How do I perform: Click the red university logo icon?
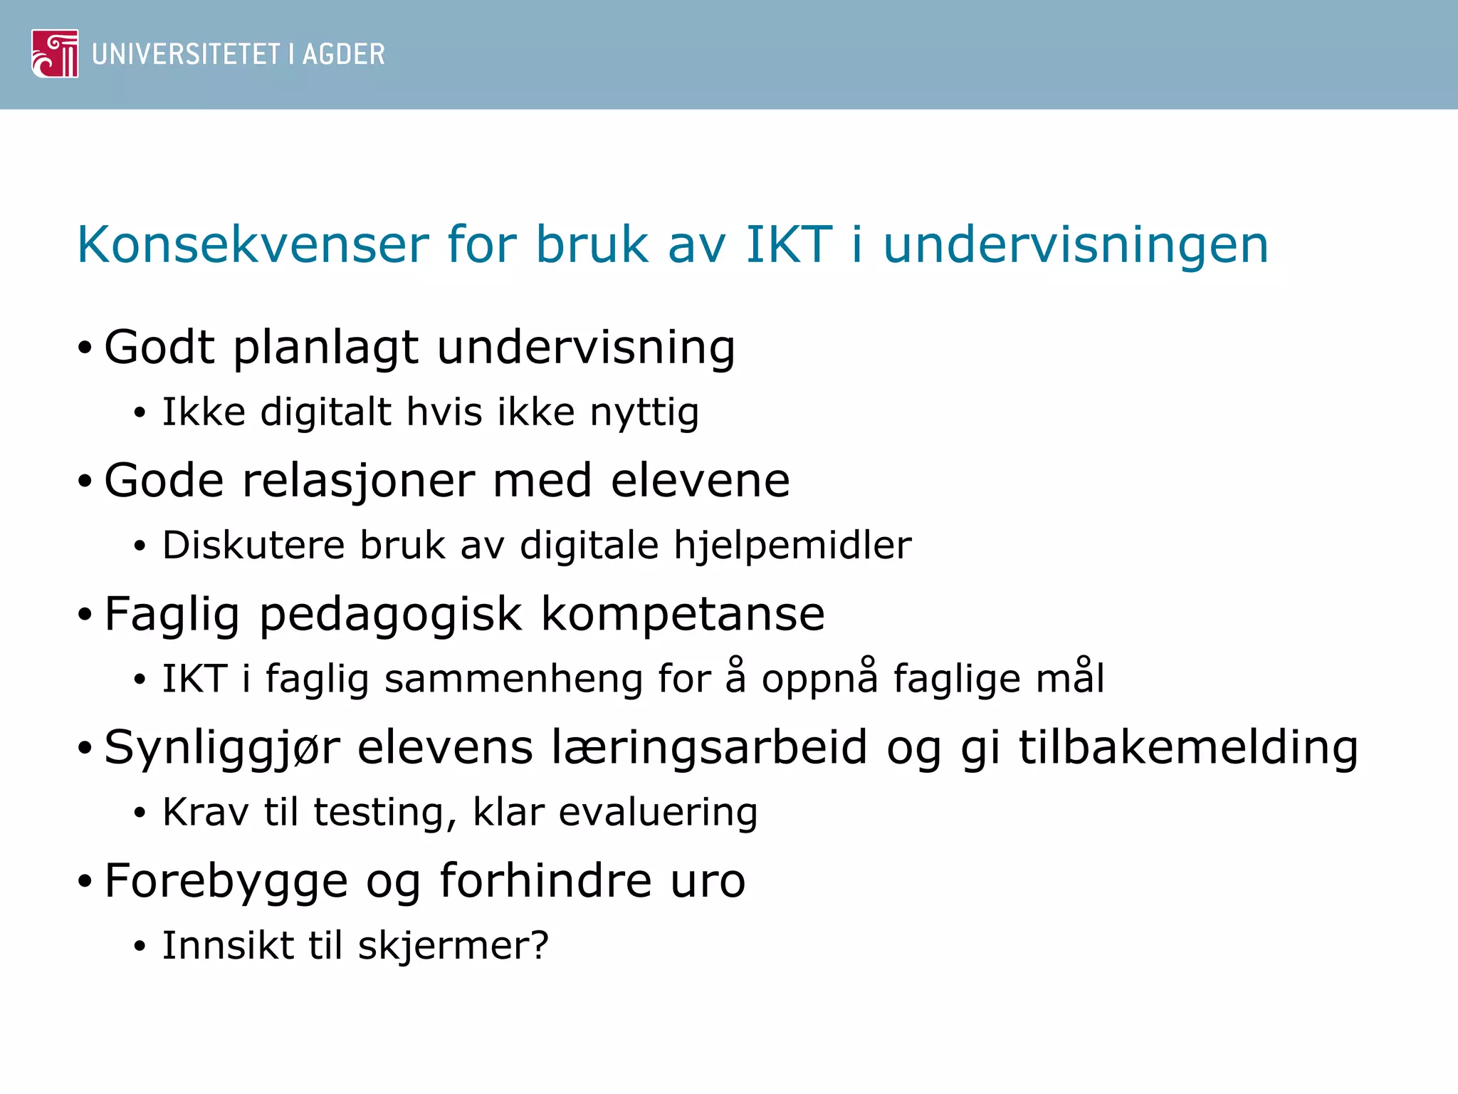(55, 53)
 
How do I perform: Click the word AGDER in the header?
(343, 55)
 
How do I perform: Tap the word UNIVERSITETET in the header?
(186, 55)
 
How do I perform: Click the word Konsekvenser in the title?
(253, 245)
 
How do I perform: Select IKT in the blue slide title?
(788, 245)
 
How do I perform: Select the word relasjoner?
(358, 481)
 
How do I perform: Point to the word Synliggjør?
(222, 749)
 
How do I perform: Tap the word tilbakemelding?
(1188, 747)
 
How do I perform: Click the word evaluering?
(658, 812)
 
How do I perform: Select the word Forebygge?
(226, 882)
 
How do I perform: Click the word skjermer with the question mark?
(453, 946)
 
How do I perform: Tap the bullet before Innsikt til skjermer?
(140, 947)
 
